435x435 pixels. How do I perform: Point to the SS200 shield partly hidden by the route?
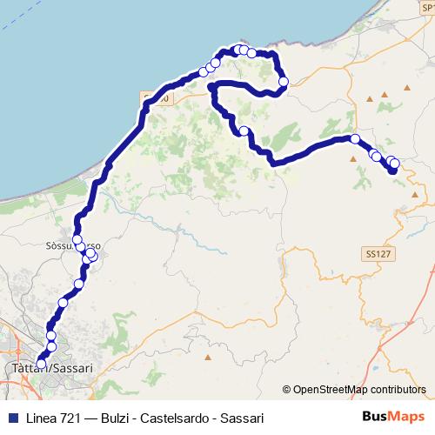(x=157, y=98)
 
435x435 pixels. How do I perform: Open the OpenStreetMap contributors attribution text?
(x=358, y=390)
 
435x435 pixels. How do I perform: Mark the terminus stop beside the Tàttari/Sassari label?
(x=41, y=364)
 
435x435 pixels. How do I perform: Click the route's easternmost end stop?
(x=394, y=164)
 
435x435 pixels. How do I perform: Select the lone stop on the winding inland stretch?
(x=244, y=131)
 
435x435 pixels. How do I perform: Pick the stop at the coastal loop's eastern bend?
(x=283, y=82)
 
